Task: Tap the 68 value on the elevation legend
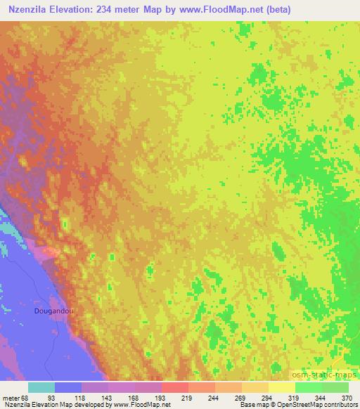[25, 397]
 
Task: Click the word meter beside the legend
[10, 397]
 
